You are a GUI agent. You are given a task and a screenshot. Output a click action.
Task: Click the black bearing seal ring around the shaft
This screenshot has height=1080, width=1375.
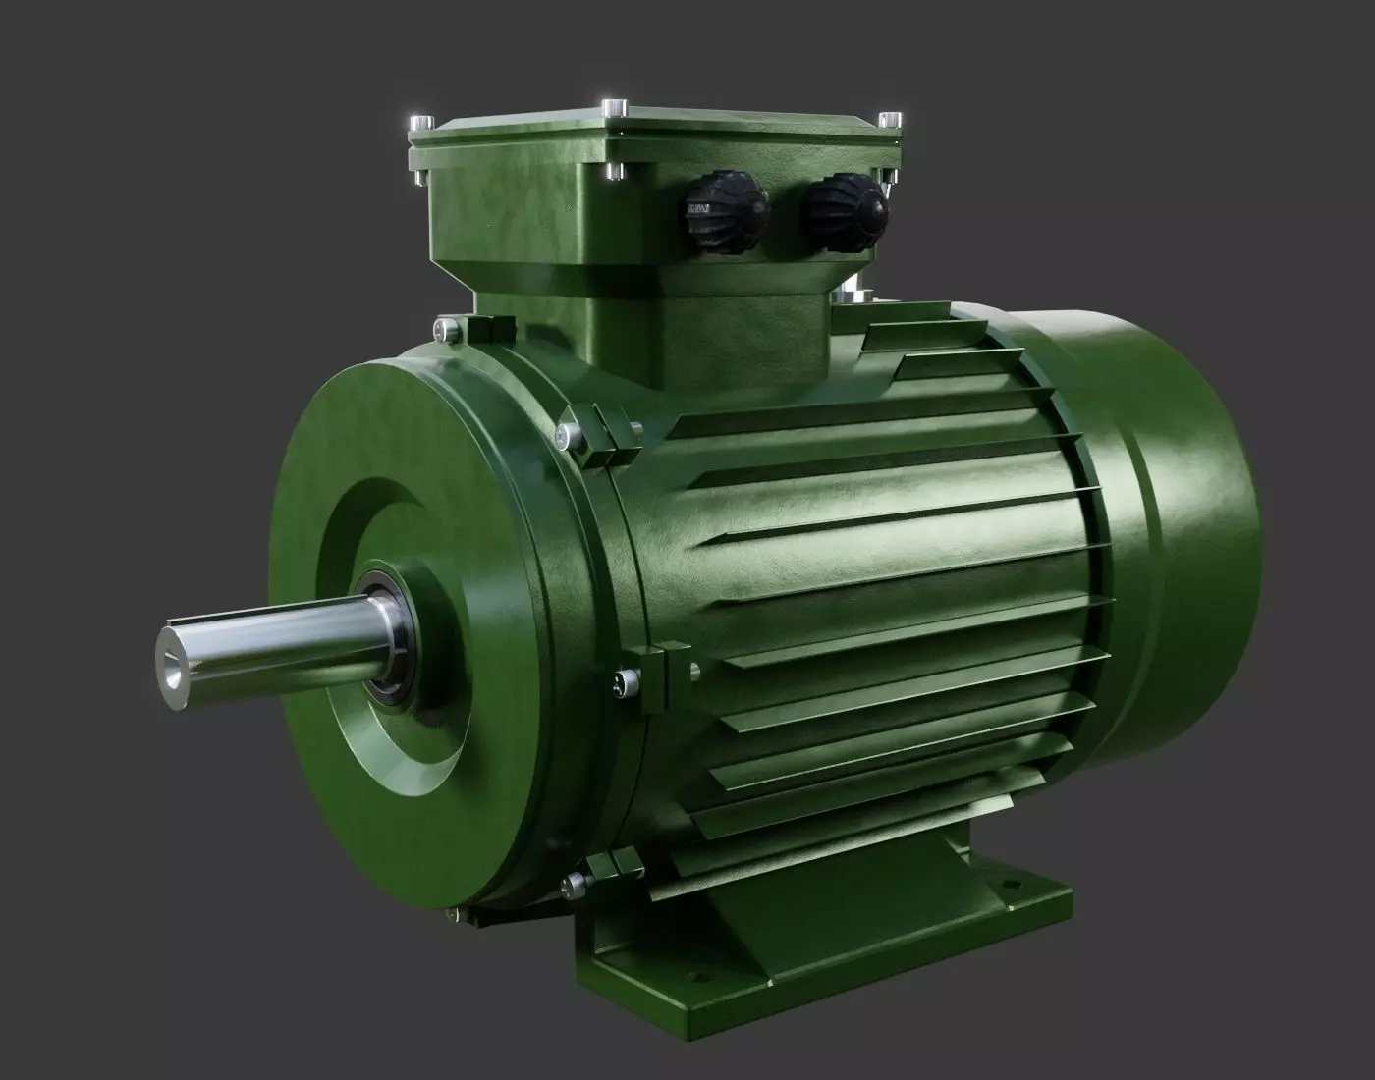[394, 638]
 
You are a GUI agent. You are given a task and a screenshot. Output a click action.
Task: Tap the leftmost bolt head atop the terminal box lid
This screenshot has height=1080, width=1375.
[419, 123]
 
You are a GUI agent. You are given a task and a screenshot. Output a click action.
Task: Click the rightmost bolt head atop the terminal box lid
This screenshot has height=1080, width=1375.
[890, 121]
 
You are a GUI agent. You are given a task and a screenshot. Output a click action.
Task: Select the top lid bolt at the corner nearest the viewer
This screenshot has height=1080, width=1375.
[614, 105]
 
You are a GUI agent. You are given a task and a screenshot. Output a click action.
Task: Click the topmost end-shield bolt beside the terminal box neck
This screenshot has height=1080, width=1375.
[448, 326]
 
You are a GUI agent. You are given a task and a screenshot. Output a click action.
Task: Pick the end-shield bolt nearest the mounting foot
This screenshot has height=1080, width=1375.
[569, 886]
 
